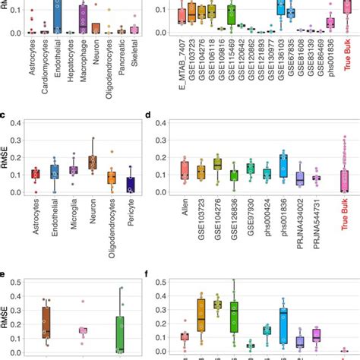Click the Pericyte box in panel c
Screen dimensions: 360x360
pos(131,185)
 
